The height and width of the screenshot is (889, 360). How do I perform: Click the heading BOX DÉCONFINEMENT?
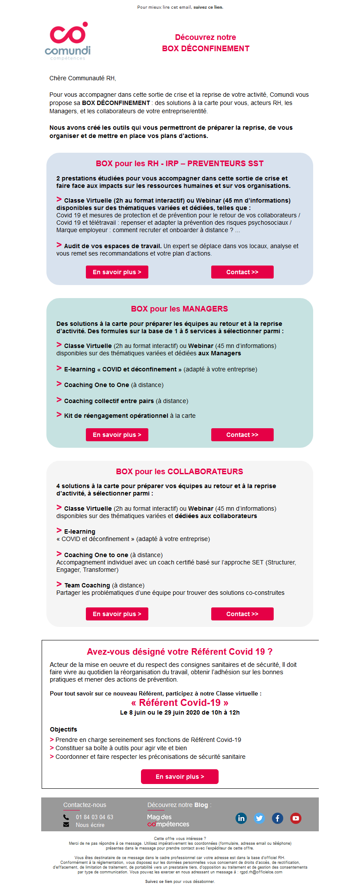[206, 48]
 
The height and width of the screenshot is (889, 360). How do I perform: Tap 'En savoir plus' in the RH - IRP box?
[117, 272]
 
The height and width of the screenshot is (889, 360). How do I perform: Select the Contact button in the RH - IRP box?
[242, 272]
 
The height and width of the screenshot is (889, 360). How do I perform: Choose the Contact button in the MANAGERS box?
[242, 435]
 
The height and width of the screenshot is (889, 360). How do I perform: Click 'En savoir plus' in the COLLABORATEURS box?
[117, 614]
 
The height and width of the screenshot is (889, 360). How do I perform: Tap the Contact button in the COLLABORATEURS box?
[242, 614]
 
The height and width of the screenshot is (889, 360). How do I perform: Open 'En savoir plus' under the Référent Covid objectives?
[180, 777]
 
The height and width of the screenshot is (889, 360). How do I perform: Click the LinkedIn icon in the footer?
[241, 818]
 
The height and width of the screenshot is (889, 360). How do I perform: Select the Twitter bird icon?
[259, 818]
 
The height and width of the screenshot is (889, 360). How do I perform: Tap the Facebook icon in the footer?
[278, 818]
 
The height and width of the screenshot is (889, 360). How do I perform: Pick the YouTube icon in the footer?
[296, 818]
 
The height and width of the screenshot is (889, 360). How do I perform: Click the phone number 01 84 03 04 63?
[95, 817]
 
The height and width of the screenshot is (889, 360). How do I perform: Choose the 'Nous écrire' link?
[90, 825]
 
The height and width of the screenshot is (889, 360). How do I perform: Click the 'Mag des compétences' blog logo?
[168, 820]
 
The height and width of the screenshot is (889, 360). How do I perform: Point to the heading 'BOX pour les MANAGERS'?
[180, 309]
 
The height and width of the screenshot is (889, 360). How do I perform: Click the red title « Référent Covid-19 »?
[180, 702]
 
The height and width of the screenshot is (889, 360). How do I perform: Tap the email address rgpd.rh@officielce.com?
[261, 872]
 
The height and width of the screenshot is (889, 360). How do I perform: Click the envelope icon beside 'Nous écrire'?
[66, 825]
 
